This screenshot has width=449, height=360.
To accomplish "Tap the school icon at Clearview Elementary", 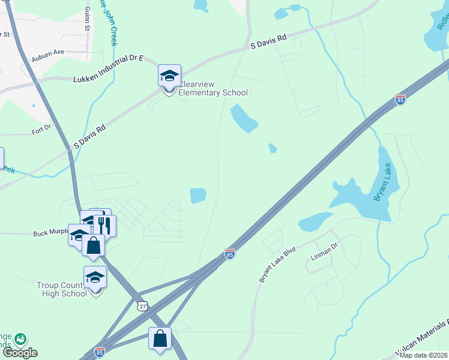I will (169, 76).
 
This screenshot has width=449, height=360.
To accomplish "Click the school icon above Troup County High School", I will (95, 278).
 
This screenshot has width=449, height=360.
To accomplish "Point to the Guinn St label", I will (88, 20).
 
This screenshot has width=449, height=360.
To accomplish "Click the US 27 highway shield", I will (142, 306).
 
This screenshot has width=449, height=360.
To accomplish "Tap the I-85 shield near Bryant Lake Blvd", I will (229, 254).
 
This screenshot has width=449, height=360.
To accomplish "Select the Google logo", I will (20, 352).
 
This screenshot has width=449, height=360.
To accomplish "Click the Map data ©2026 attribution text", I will (423, 355).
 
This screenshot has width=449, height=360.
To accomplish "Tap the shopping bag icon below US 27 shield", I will (161, 338).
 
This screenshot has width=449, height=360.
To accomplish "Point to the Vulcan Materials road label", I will (423, 344).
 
